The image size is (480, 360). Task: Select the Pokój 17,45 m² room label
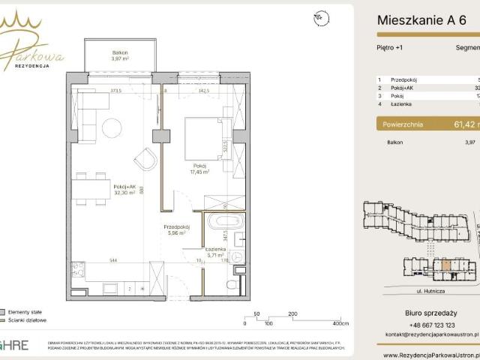199,169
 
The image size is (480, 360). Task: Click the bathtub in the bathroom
223,221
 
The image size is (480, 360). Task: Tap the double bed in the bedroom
205,137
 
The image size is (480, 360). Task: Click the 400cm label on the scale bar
340,324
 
